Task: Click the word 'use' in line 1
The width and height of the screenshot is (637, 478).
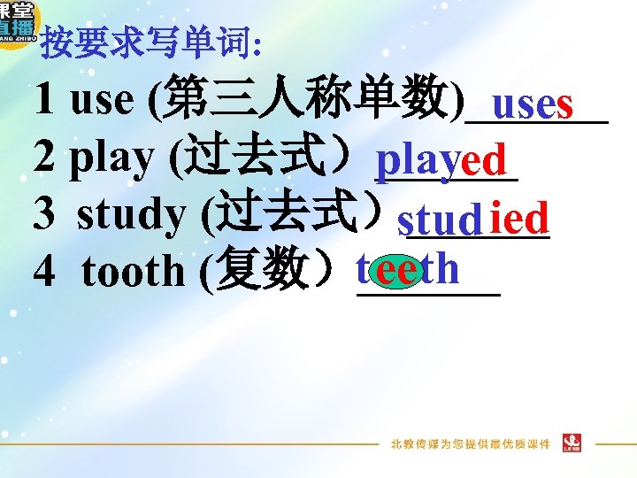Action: [101, 100]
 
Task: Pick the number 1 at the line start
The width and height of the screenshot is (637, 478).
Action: [43, 100]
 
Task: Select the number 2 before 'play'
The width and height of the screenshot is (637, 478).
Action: [43, 158]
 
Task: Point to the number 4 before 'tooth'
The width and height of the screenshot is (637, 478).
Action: [43, 273]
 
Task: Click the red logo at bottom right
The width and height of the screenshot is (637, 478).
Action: [574, 443]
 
